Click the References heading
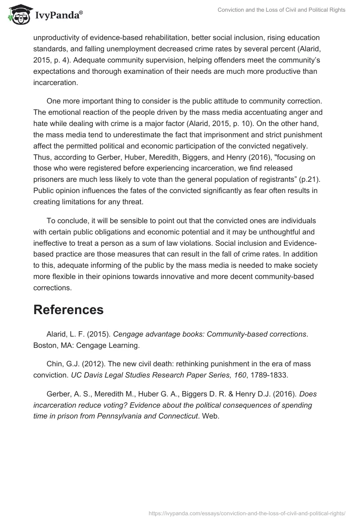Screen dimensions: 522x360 click(68, 310)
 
